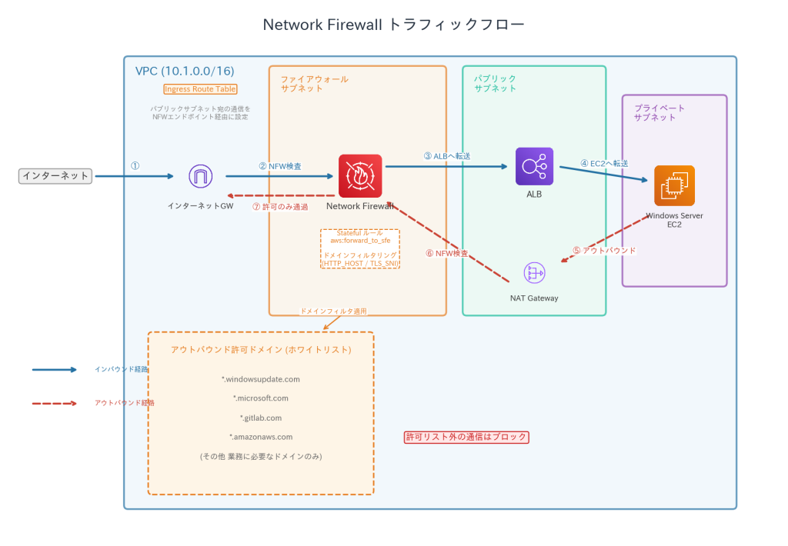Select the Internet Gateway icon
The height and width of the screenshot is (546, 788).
[201, 176]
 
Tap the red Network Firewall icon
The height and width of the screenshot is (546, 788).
[360, 176]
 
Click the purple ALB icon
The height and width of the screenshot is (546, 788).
[534, 166]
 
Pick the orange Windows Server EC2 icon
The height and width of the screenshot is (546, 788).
[674, 185]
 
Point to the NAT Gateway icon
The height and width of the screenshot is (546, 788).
[534, 272]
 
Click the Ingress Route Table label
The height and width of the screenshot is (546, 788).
[200, 89]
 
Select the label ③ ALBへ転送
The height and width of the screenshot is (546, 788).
[447, 156]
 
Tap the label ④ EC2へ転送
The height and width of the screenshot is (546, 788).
[604, 163]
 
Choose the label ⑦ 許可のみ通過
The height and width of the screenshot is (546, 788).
[280, 207]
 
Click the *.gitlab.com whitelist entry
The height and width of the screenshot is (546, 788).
[261, 418]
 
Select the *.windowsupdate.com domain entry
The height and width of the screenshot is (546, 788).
[261, 379]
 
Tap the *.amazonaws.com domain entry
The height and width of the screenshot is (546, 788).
[261, 437]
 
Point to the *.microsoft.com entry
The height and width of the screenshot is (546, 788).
[261, 398]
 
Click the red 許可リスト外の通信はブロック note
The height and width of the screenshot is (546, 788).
[467, 437]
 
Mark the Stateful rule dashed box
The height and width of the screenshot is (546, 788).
[360, 248]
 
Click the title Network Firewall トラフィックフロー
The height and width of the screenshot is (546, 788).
[393, 25]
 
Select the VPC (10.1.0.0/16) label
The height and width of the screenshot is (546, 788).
[185, 72]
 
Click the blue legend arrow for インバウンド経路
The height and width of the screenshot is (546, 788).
[55, 370]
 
